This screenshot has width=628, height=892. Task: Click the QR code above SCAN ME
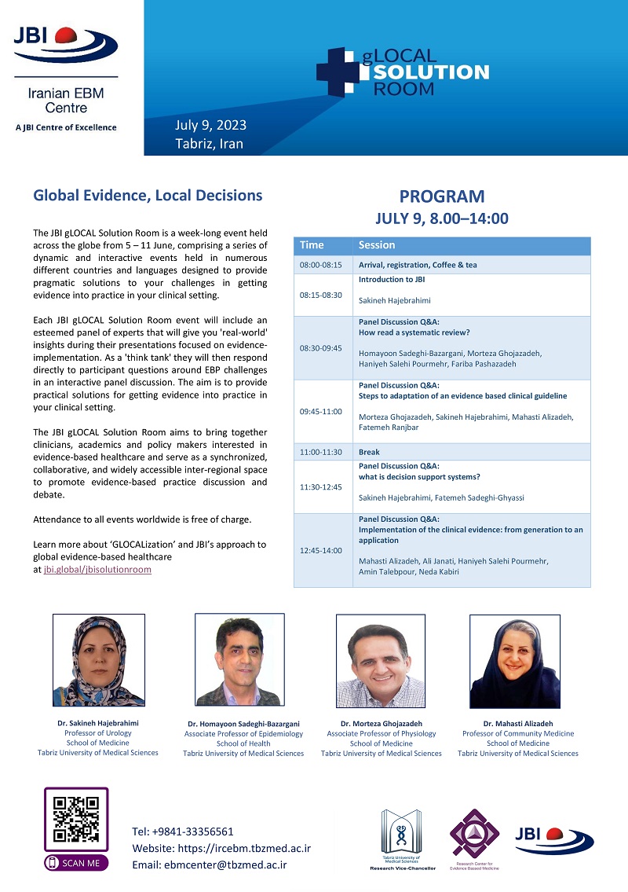[x=76, y=819]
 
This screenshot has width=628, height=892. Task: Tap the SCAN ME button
[x=76, y=862]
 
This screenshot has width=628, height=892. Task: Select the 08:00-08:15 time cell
[x=320, y=265]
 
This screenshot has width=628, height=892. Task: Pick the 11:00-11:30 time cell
[x=321, y=452]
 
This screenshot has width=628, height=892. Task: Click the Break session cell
[x=471, y=452]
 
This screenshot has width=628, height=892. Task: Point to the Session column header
[x=377, y=245]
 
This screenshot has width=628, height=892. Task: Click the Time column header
[x=311, y=245]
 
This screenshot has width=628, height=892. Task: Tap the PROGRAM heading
[x=442, y=196]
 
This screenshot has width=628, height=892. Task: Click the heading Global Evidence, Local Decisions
[x=148, y=196]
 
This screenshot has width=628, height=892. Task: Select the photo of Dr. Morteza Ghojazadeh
[x=381, y=661]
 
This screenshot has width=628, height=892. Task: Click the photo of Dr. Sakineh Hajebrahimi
[x=98, y=660]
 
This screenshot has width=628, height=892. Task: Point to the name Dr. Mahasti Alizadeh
[x=518, y=724]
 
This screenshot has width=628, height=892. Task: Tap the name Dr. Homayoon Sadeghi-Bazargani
[x=243, y=724]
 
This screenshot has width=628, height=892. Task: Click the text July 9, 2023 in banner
[x=210, y=126]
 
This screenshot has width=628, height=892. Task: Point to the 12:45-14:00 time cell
[x=320, y=550]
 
